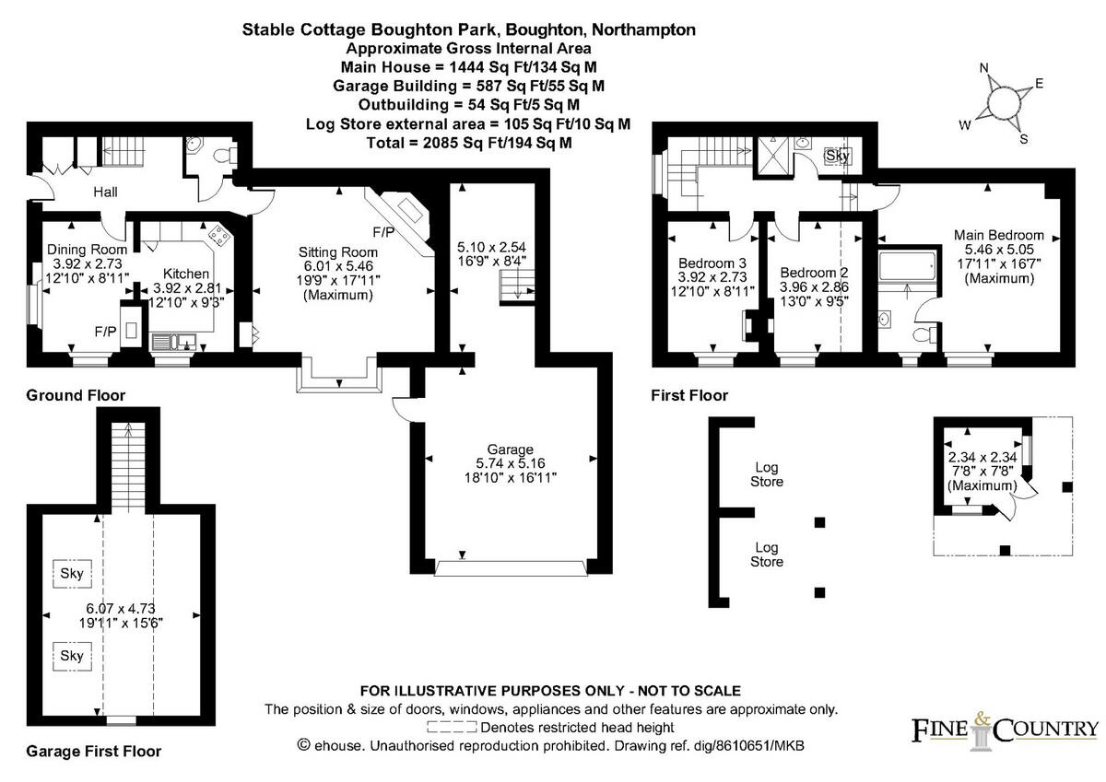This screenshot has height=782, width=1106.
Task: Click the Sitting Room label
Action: click(337, 252)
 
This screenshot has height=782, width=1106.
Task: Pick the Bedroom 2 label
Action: click(813, 274)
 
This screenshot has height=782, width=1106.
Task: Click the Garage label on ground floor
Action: click(510, 449)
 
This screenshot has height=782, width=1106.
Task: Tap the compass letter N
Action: click(984, 68)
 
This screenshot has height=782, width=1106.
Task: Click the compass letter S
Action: click(1024, 139)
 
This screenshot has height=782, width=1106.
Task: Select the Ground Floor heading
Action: click(76, 395)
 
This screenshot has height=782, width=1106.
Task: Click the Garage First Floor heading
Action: click(93, 751)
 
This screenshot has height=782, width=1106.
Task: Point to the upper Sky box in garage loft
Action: click(72, 574)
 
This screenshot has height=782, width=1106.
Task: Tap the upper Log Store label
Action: click(767, 474)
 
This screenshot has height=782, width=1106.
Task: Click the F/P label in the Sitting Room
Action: click(383, 231)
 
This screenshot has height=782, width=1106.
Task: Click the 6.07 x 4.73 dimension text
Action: click(118, 608)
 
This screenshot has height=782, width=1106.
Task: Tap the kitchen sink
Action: click(171, 343)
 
